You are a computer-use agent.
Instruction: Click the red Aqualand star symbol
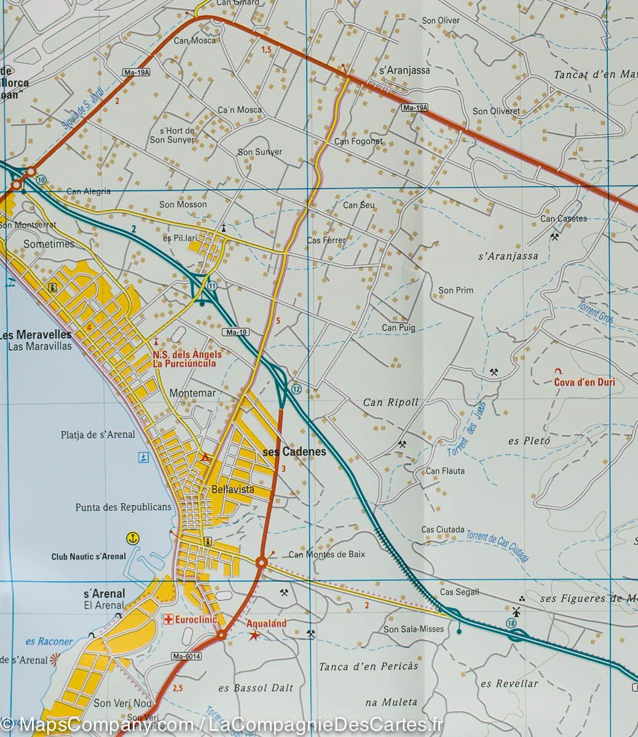tap(253, 636)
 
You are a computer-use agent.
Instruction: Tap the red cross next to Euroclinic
tap(167, 620)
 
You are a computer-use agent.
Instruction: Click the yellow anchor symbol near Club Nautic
tap(132, 539)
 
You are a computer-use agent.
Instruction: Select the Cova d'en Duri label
tap(584, 382)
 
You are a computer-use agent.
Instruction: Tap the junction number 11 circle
tap(213, 286)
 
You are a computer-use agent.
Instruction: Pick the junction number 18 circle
tap(511, 623)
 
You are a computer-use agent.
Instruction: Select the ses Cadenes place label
tap(294, 452)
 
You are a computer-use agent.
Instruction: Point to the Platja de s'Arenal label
tap(98, 435)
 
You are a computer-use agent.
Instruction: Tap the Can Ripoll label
tap(390, 403)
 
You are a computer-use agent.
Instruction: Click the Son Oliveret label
tap(496, 111)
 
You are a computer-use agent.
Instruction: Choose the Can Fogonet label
tap(358, 141)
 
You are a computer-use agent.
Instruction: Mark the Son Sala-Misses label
tap(414, 629)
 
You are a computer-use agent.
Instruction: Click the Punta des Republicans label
tap(123, 507)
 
